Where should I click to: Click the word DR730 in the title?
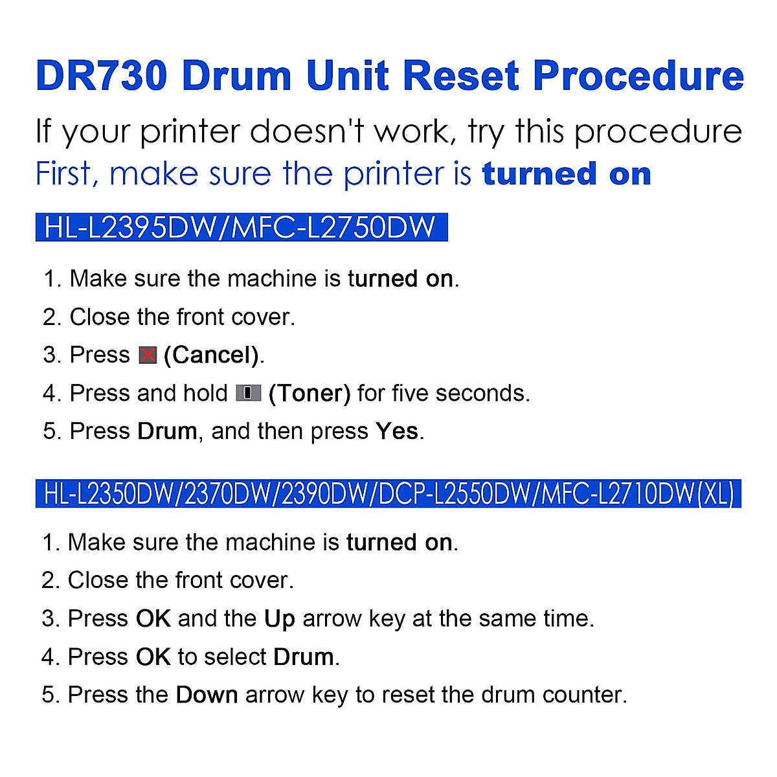coord(102,76)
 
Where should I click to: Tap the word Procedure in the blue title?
coord(638,76)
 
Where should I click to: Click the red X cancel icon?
coord(148,355)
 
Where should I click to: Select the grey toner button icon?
coord(248,393)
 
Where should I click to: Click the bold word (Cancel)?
coord(212,355)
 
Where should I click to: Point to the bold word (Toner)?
coord(310,394)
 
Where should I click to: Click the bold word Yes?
coord(396,431)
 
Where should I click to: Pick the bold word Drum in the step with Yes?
coord(167,431)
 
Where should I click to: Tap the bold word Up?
coord(279,619)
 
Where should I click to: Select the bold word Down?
coord(207,695)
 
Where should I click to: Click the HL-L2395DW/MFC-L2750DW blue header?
coord(241,228)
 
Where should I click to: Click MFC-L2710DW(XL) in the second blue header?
coord(637,494)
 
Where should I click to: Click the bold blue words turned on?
coord(567,174)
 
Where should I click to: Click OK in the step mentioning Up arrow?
coord(153,619)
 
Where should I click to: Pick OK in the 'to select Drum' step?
coord(153,657)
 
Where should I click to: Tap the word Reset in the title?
coord(462,76)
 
